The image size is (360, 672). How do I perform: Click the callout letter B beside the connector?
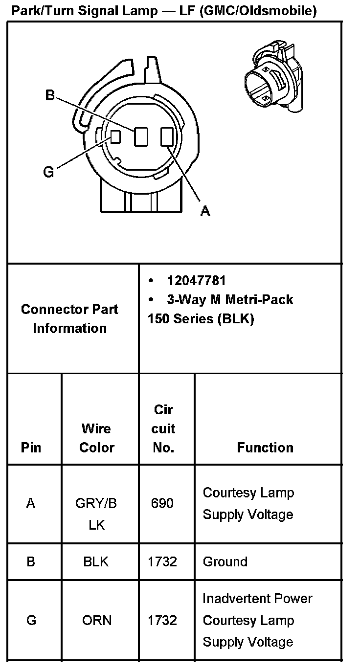click(x=50, y=95)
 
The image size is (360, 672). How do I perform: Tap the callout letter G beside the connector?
click(x=48, y=172)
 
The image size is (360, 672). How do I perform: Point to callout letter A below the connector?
click(x=205, y=211)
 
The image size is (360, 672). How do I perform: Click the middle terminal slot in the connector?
click(x=141, y=136)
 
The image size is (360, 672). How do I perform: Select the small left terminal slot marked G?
click(x=115, y=136)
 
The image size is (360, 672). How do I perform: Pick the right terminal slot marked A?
click(x=166, y=136)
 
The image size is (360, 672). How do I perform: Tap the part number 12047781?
click(x=196, y=281)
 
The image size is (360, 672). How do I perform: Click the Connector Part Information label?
click(x=69, y=318)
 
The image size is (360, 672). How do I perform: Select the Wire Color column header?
click(x=97, y=438)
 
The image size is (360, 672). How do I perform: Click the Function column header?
click(x=265, y=448)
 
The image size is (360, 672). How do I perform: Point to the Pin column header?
click(x=31, y=448)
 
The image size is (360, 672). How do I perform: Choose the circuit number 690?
click(x=162, y=503)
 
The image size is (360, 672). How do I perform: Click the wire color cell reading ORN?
click(x=97, y=620)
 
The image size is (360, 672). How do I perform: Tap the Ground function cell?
click(x=225, y=561)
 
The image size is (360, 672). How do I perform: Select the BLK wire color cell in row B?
click(x=96, y=561)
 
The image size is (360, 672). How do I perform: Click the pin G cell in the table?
click(x=31, y=620)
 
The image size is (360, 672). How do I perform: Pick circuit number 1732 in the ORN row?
click(x=162, y=620)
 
